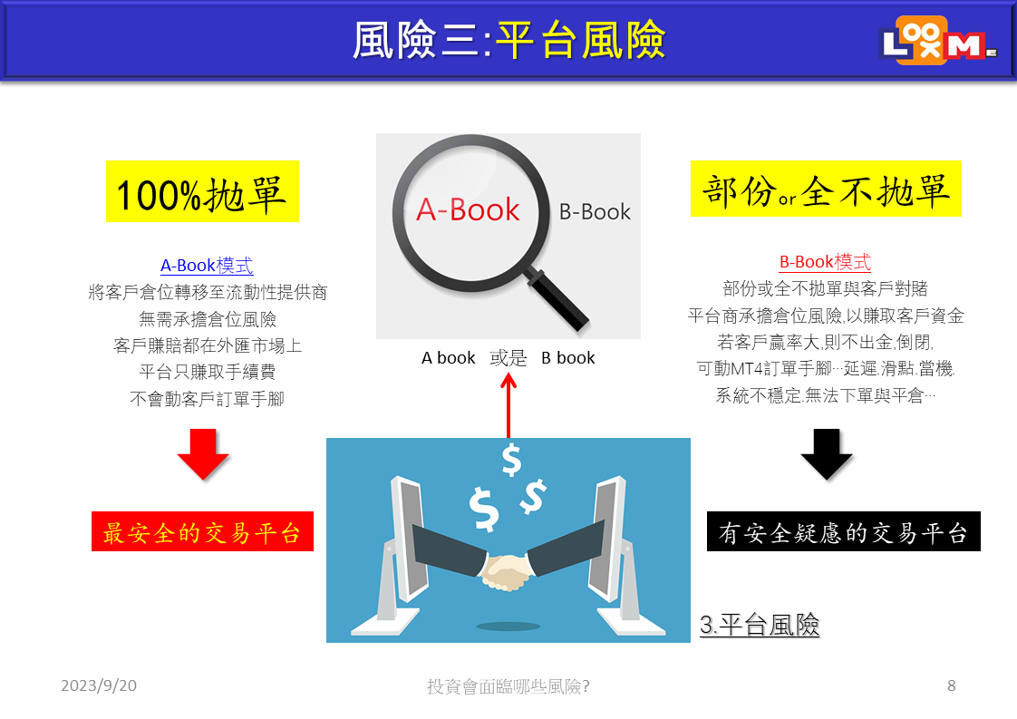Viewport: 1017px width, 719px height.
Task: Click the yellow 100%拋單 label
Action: pos(202,191)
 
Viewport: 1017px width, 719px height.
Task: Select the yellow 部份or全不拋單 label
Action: pos(826,189)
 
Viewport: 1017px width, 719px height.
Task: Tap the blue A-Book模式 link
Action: pos(207,266)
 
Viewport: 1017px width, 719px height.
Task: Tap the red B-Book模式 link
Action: pos(825,262)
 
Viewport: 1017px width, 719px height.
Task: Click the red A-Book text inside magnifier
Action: pos(468,209)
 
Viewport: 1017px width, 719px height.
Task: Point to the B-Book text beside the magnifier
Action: pos(595,211)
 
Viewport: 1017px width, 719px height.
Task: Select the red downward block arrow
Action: pos(203,453)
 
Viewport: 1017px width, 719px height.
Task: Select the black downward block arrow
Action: pos(827,453)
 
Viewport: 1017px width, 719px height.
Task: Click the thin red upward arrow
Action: pos(508,405)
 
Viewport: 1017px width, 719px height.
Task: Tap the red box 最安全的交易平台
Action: pos(202,531)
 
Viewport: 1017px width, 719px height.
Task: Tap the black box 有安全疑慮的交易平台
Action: pos(843,531)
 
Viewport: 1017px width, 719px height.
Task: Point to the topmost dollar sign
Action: pos(512,460)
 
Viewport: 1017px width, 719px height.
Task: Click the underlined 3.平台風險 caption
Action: pos(760,625)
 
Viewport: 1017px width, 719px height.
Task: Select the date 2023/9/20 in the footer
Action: pos(99,685)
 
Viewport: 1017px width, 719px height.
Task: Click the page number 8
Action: pos(952,685)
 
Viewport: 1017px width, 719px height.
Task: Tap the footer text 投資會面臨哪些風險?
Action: pos(508,685)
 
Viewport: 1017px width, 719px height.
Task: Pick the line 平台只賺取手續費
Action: pos(207,372)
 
